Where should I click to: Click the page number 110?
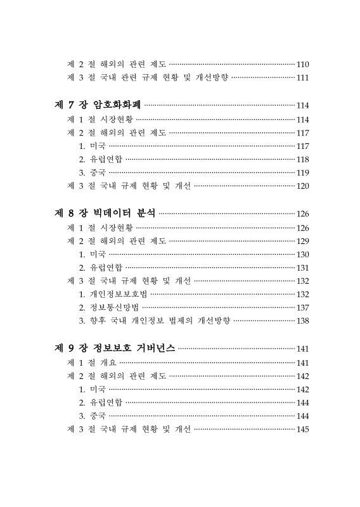pos(302,65)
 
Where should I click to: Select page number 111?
pos(302,78)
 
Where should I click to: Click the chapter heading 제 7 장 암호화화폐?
pos(98,105)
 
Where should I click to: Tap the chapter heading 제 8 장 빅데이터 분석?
pos(105,214)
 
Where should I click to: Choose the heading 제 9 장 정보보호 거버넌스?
pos(115,348)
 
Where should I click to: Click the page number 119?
pos(302,173)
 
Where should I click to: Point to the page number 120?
pos(302,186)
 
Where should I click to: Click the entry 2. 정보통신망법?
pos(108,307)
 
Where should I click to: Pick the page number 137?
pos(302,307)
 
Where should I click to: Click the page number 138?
pos(302,321)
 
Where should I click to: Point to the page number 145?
pos(302,430)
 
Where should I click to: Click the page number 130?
pos(302,254)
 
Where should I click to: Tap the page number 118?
pos(302,160)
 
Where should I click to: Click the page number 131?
pos(302,267)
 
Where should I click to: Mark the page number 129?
pos(302,241)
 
